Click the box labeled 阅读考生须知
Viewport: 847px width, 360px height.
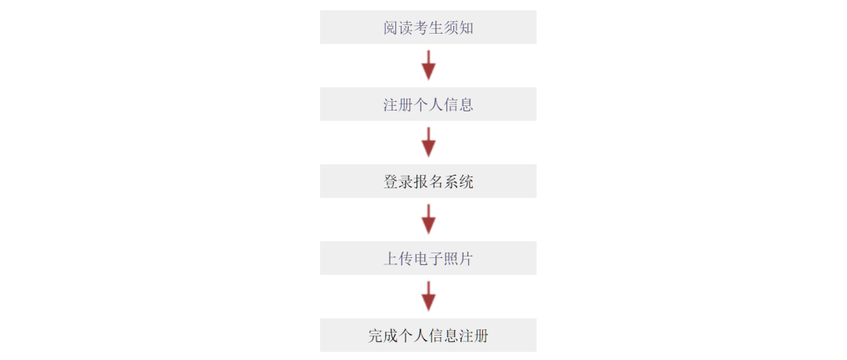[x=428, y=27]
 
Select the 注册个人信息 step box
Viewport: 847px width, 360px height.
[x=428, y=104]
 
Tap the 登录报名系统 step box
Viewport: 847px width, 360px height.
[x=428, y=181]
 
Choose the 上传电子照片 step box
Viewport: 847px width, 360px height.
[x=428, y=258]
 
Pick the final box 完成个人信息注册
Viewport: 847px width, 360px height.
[x=428, y=335]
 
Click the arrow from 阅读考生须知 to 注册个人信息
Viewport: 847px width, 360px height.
[x=428, y=65]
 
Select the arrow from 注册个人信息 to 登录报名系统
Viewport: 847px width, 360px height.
[x=428, y=142]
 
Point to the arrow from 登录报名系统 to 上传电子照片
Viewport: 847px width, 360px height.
[x=428, y=220]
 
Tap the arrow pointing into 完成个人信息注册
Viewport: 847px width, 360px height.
[x=428, y=296]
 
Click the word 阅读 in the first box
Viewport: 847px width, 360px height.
[x=398, y=27]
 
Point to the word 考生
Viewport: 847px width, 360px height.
[x=428, y=27]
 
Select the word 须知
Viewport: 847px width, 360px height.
[x=459, y=27]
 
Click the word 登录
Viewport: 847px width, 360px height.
[x=398, y=182]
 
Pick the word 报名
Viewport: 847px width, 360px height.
[x=428, y=182]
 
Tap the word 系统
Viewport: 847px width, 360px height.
[x=459, y=182]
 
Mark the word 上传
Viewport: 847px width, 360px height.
[x=398, y=258]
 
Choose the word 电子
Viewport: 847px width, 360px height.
[x=428, y=258]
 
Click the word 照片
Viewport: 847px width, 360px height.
[x=459, y=258]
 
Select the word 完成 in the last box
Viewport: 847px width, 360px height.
[x=383, y=336]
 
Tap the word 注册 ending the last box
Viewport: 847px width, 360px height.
[x=474, y=336]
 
